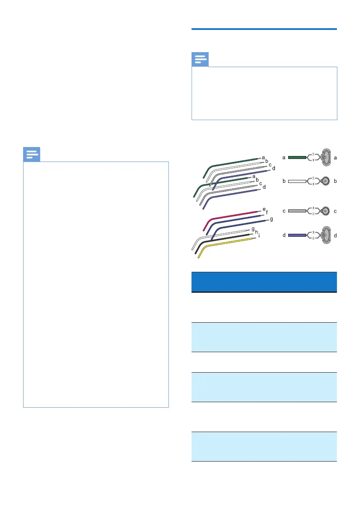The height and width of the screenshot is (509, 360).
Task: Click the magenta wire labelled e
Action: click(x=235, y=215)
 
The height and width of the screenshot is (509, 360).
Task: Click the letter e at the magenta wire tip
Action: click(x=264, y=209)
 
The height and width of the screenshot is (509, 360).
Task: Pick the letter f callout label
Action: click(x=267, y=212)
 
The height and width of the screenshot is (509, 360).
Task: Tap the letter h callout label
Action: click(x=257, y=232)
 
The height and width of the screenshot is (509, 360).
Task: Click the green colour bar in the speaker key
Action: click(x=297, y=158)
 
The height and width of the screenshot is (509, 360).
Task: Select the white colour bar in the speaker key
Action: click(x=297, y=181)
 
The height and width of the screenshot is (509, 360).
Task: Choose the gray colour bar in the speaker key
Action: click(x=297, y=211)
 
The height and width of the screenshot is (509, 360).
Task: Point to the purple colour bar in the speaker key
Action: click(x=297, y=235)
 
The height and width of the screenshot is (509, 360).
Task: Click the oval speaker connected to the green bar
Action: click(x=326, y=158)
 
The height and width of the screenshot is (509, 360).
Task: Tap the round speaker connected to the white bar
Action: click(x=326, y=181)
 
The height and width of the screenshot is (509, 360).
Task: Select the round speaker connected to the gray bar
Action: click(x=326, y=211)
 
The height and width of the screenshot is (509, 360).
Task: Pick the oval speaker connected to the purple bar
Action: click(x=326, y=235)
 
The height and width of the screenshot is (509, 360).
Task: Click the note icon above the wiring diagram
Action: click(x=200, y=59)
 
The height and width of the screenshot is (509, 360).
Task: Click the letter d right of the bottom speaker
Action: click(x=336, y=235)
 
